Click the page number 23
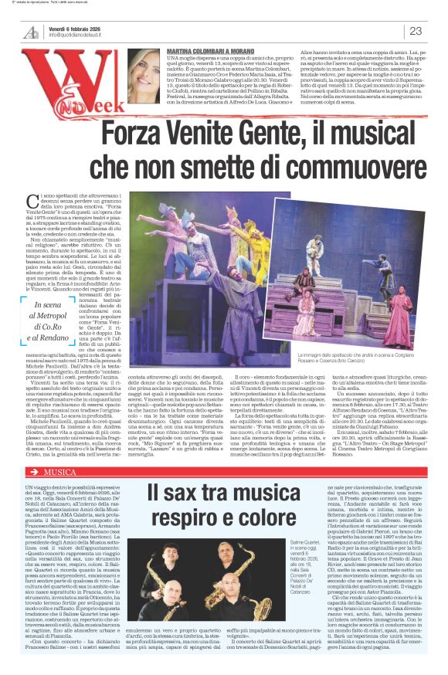pos(416,31)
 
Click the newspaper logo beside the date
pos(31,31)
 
